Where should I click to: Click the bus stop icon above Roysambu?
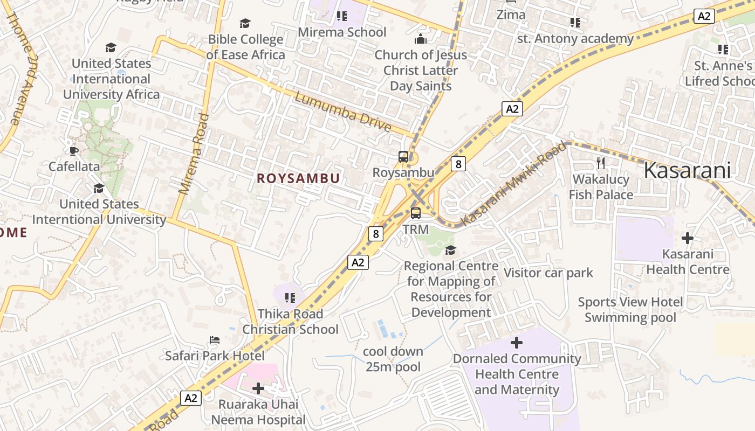pyautogui.click(x=403, y=157)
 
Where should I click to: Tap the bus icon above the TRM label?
pyautogui.click(x=416, y=213)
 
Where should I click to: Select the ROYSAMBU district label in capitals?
pyautogui.click(x=298, y=178)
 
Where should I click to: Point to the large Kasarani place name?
pyautogui.click(x=687, y=171)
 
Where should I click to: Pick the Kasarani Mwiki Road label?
pyautogui.click(x=514, y=184)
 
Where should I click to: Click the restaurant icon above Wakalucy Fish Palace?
pyautogui.click(x=601, y=163)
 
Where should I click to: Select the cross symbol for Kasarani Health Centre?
pyautogui.click(x=688, y=238)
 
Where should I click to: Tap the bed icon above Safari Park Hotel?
pyautogui.click(x=215, y=340)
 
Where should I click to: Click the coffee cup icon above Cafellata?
pyautogui.click(x=74, y=151)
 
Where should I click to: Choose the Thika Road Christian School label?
pyautogui.click(x=290, y=322)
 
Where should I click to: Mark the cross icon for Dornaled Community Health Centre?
pyautogui.click(x=517, y=343)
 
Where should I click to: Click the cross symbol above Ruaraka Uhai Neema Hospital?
pyautogui.click(x=258, y=388)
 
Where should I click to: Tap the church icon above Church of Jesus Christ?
pyautogui.click(x=421, y=39)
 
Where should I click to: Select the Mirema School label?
pyautogui.click(x=342, y=32)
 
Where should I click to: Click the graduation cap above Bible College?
pyautogui.click(x=245, y=23)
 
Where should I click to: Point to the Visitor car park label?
pyautogui.click(x=548, y=273)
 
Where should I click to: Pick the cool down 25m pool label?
pyautogui.click(x=393, y=359)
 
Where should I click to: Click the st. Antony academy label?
pyautogui.click(x=575, y=39)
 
